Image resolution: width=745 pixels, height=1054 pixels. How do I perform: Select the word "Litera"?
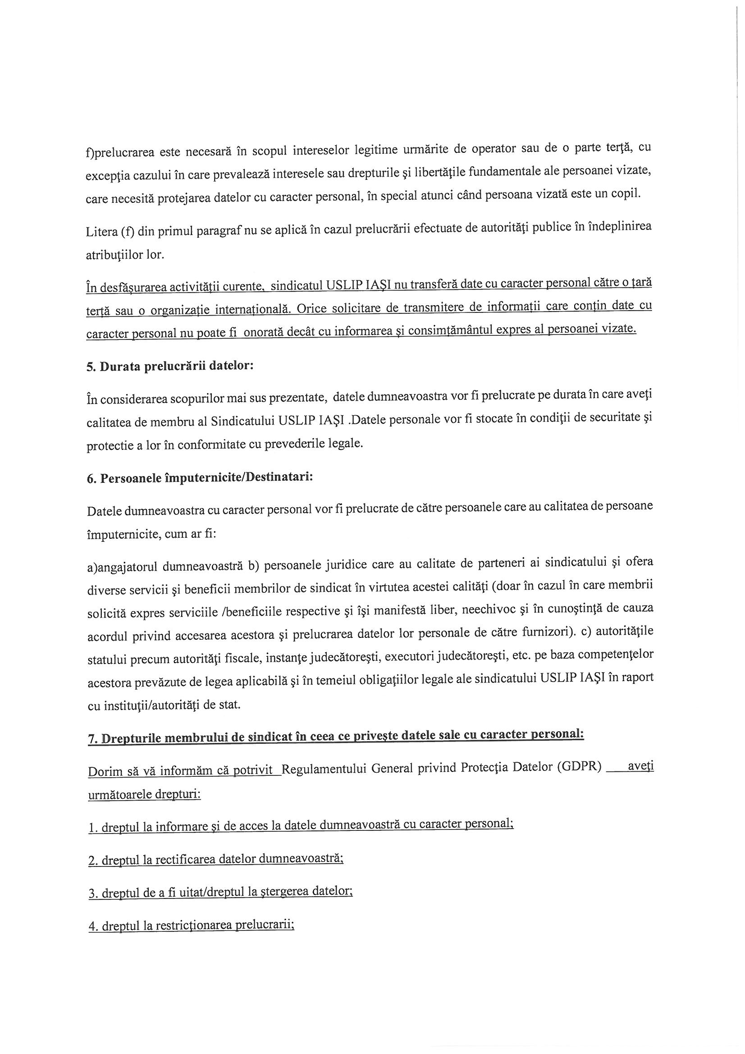101,231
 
